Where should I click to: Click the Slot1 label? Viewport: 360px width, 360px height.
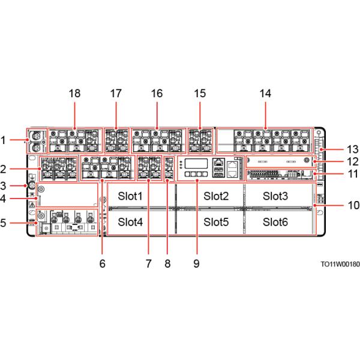point(131,196)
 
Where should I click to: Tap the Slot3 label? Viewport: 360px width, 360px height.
point(275,196)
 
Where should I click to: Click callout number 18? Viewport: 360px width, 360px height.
point(75,94)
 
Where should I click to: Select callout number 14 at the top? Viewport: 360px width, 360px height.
point(264,94)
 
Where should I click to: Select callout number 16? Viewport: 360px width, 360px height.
point(157,94)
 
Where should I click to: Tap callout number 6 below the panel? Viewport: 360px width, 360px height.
point(102,263)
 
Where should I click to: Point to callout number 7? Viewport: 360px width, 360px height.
point(148,263)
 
